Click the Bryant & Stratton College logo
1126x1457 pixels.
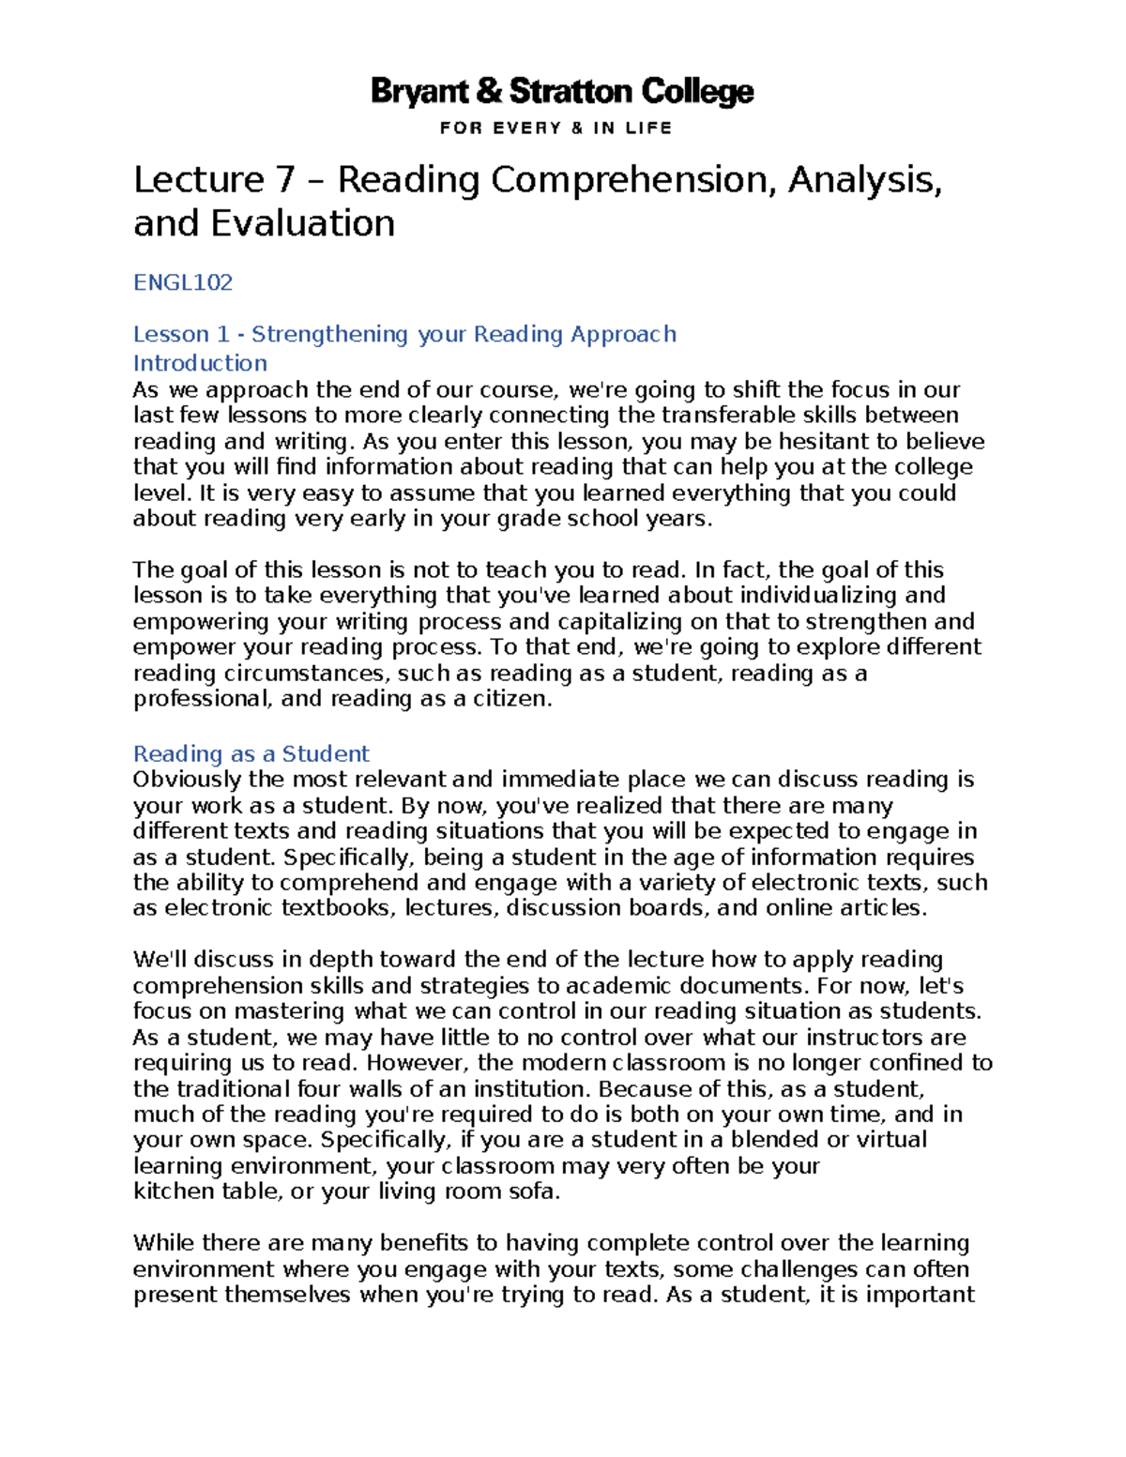click(562, 92)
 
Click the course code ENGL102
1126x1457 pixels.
click(183, 282)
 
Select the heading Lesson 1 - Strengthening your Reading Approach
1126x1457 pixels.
click(404, 334)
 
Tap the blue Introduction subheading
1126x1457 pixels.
click(200, 363)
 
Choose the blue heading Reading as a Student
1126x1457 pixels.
click(251, 753)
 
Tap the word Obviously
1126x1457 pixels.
click(188, 780)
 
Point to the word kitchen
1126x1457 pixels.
click(174, 1191)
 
